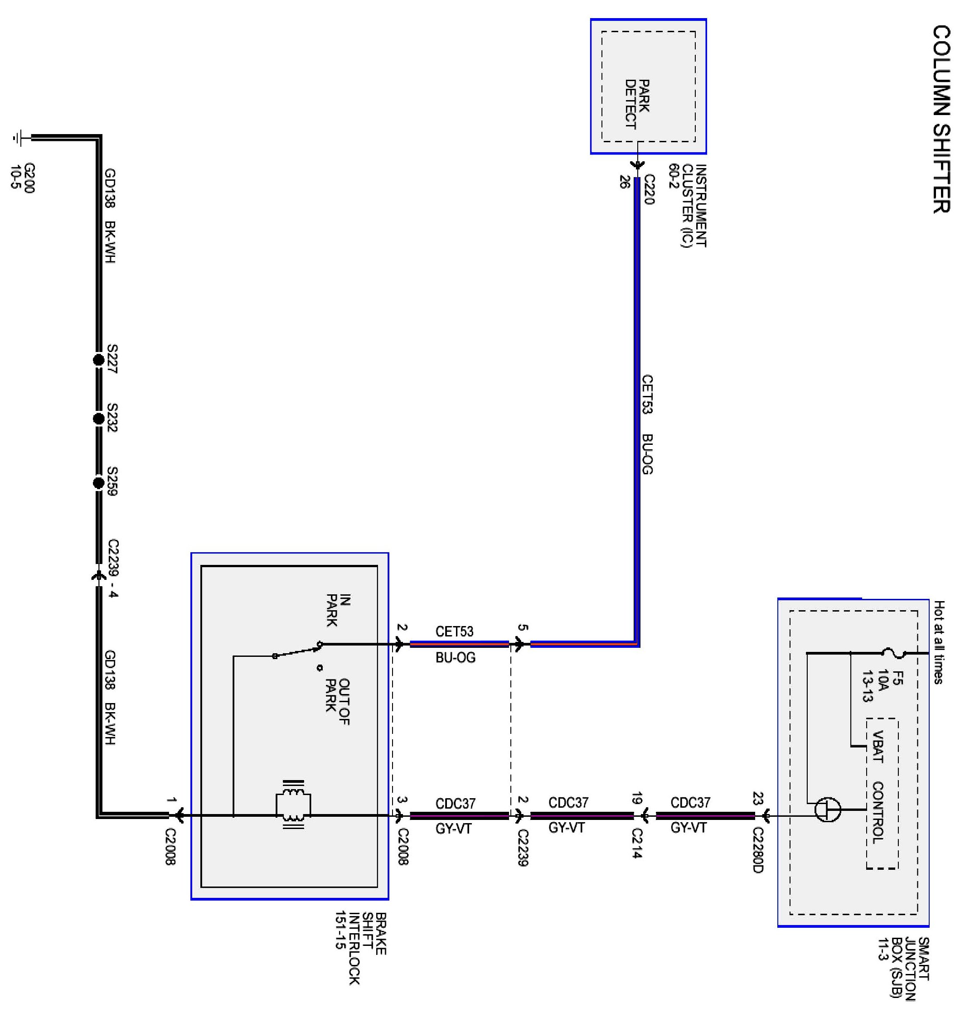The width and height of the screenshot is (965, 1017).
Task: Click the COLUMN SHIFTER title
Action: coord(941,119)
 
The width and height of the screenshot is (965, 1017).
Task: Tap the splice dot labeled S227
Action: coord(99,360)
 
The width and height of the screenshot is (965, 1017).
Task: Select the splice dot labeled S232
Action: coord(99,419)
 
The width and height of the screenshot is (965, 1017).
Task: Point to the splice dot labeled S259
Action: coord(99,483)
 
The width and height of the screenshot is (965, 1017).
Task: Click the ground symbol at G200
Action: coord(19,138)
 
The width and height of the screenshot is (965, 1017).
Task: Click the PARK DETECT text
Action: coord(637,104)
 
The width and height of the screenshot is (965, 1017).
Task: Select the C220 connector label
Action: coord(649,189)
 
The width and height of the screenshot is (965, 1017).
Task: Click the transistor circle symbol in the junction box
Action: coord(828,810)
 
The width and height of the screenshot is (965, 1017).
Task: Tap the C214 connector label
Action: coord(637,843)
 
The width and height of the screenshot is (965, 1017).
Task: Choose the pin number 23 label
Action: coord(758,798)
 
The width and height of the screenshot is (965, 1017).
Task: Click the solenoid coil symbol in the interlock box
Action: coord(293,805)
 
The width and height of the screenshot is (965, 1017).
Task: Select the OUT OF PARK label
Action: coord(337,701)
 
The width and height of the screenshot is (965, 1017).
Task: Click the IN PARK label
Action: coord(338,610)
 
